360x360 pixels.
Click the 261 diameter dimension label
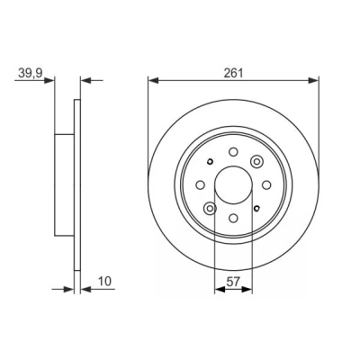pyautogui.click(x=233, y=73)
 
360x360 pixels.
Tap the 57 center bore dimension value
pyautogui.click(x=233, y=282)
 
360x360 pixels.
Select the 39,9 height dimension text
pyautogui.click(x=31, y=73)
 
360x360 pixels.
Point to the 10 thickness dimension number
pyautogui.click(x=104, y=282)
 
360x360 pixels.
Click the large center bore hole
pyautogui.click(x=233, y=184)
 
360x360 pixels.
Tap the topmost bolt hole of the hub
pyautogui.click(x=233, y=152)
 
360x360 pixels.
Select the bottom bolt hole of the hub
pyautogui.click(x=233, y=218)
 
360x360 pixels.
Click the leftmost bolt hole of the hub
pyautogui.click(x=200, y=185)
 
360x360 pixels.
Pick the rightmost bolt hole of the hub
pyautogui.click(x=266, y=185)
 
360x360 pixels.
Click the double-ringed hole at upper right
pyautogui.click(x=256, y=162)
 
